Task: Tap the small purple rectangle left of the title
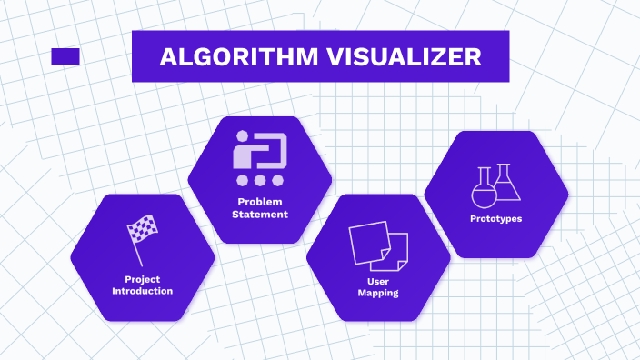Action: coord(65,56)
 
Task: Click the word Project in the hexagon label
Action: coord(142,279)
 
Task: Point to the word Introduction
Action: coord(142,291)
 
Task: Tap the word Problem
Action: coord(260,202)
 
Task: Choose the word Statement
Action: coord(260,215)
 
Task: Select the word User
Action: coord(378,281)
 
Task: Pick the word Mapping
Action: coord(378,294)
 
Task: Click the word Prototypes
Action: coord(495,219)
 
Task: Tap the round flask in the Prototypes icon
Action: coord(484,189)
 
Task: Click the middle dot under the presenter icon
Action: coord(261,180)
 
